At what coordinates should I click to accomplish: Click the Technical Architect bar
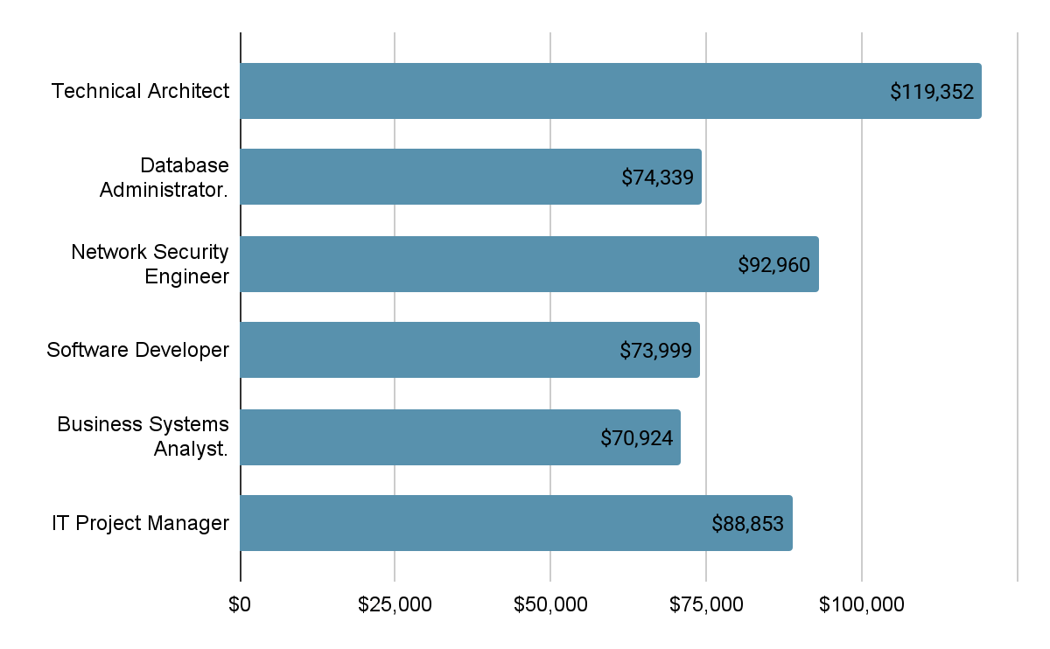[560, 91]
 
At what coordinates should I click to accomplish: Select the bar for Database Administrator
[437, 177]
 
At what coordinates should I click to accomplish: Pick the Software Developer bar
[437, 350]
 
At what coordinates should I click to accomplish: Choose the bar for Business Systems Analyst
[420, 436]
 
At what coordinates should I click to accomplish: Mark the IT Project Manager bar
[472, 523]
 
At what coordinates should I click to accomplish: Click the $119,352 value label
[932, 92]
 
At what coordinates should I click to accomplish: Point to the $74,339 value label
[657, 178]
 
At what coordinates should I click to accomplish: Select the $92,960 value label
[774, 264]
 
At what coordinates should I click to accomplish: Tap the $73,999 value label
[655, 351]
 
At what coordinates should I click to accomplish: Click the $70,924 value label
[636, 437]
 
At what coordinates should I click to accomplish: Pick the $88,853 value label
[747, 524]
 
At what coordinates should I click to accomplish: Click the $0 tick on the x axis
[240, 604]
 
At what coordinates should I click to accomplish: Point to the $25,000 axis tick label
[395, 604]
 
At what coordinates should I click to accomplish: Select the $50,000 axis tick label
[550, 604]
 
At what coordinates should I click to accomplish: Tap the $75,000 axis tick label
[706, 604]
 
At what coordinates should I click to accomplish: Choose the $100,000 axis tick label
[861, 604]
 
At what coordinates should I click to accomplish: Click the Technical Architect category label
[140, 91]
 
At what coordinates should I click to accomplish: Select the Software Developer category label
[137, 350]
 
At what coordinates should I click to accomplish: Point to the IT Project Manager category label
[140, 523]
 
